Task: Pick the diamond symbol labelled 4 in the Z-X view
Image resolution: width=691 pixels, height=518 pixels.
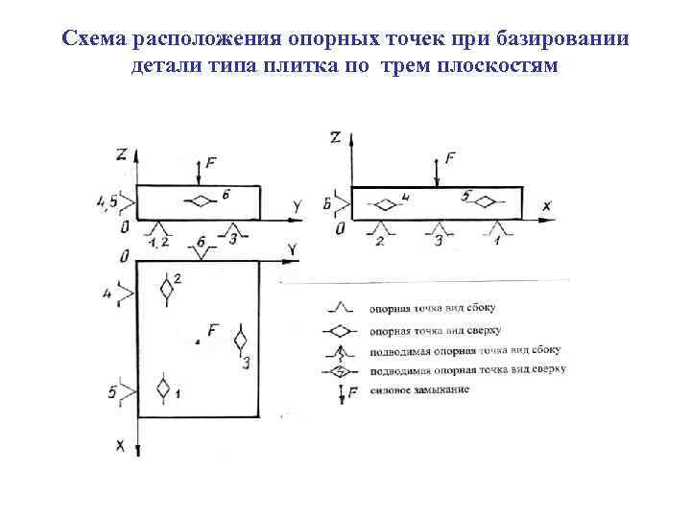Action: tap(385, 204)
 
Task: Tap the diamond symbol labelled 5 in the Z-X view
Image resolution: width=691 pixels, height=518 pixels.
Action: tap(484, 202)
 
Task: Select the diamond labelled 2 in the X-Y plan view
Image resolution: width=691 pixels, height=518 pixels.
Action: tap(167, 287)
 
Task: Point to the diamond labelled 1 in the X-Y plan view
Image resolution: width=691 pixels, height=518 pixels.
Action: tap(163, 389)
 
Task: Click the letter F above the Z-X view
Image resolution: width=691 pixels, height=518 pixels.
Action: tap(451, 158)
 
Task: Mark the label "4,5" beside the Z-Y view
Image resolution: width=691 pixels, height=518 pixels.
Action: tap(107, 201)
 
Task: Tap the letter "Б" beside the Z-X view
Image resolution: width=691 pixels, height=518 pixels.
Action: tap(328, 204)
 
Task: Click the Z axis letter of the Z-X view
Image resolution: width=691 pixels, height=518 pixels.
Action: tap(334, 137)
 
